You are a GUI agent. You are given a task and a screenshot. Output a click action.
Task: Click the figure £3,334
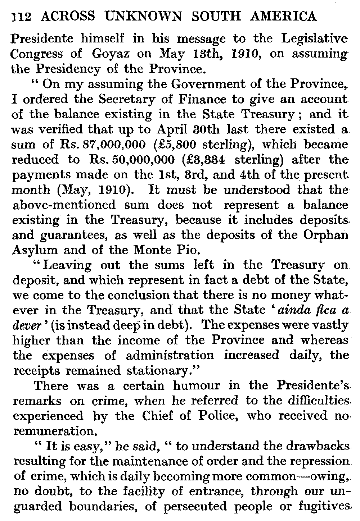click(x=184, y=160)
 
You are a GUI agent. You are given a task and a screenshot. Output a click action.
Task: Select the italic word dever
click(x=25, y=325)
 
